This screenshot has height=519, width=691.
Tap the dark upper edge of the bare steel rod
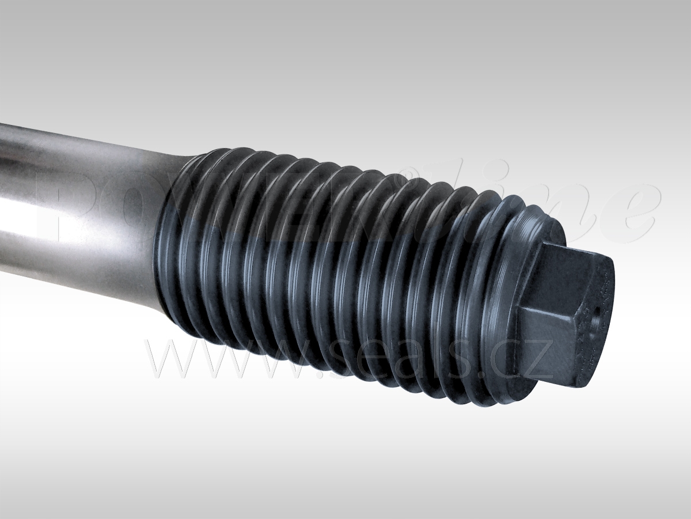86,136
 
